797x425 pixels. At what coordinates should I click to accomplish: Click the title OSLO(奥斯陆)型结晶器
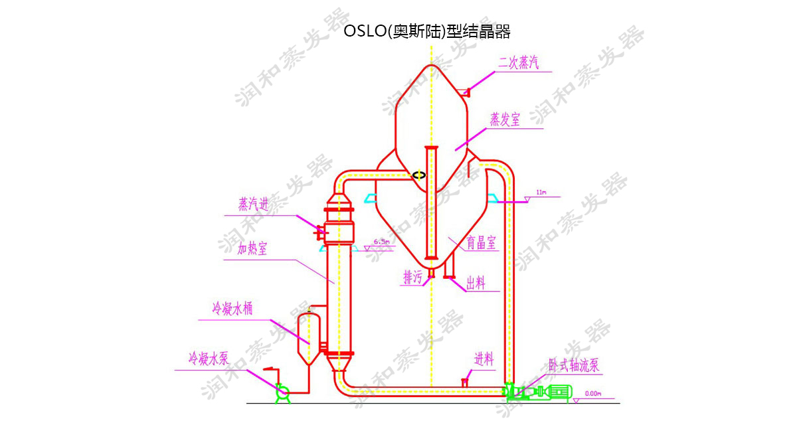click(x=427, y=32)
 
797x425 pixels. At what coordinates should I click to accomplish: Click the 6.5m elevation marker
click(x=381, y=242)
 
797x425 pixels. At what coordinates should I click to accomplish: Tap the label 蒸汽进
click(x=254, y=205)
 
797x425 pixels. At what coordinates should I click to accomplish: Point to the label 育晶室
click(x=481, y=244)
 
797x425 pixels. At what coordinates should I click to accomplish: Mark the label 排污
click(x=412, y=278)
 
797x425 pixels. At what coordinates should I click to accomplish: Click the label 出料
click(x=476, y=284)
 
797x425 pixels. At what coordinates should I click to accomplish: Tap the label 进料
click(x=484, y=360)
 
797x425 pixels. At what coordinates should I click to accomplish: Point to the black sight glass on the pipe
click(x=418, y=175)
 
